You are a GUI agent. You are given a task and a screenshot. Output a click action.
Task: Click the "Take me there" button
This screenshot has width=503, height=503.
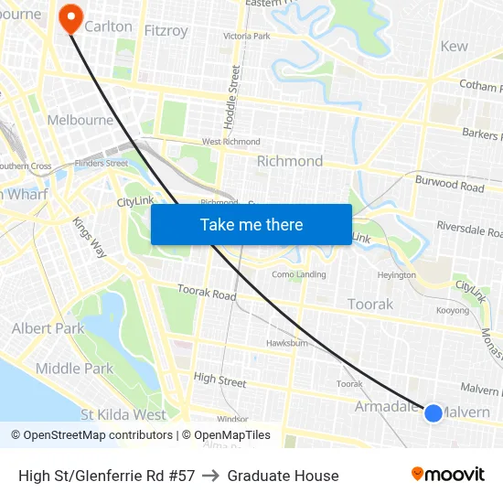click(x=251, y=224)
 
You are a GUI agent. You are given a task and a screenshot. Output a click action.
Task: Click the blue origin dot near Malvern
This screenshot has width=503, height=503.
click(x=433, y=413)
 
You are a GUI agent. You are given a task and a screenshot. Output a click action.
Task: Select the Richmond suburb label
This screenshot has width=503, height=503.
click(x=289, y=161)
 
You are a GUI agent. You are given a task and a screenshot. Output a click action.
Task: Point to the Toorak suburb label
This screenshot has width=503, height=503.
click(x=370, y=304)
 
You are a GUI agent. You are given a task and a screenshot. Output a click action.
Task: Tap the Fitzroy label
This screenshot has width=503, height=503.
click(x=166, y=30)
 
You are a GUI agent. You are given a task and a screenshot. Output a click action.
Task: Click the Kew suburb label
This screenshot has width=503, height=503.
click(x=454, y=46)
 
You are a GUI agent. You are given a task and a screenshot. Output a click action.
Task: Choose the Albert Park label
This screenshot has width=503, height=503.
click(x=48, y=328)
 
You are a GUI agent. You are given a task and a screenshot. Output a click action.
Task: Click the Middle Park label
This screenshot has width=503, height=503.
click(x=73, y=369)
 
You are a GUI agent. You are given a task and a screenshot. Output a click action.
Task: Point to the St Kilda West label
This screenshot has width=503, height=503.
click(x=123, y=414)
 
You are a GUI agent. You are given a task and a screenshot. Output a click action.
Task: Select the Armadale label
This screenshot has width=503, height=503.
click(x=386, y=406)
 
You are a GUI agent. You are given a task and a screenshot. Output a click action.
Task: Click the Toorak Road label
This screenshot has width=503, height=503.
click(x=206, y=293)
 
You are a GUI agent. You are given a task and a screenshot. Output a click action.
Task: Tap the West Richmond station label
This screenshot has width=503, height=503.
click(x=230, y=142)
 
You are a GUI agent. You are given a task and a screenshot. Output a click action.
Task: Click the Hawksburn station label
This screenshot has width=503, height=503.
click(x=286, y=343)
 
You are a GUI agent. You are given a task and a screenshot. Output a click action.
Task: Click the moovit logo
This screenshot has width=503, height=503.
click(x=447, y=474)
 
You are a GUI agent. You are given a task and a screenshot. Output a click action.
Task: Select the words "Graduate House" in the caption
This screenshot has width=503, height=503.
click(x=283, y=476)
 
